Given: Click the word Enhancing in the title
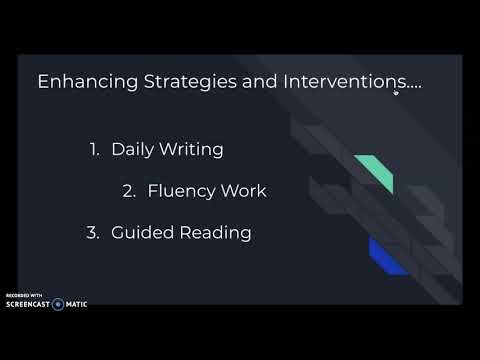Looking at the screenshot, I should pyautogui.click(x=82, y=82).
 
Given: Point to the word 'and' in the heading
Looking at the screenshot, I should pyautogui.click(x=247, y=82).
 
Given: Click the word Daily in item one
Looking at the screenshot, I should pyautogui.click(x=132, y=150).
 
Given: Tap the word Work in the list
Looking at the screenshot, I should pyautogui.click(x=246, y=191).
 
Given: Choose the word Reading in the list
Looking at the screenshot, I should pyautogui.click(x=213, y=233).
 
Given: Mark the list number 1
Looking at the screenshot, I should pyautogui.click(x=95, y=150).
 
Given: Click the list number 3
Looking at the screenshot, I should pyautogui.click(x=96, y=233).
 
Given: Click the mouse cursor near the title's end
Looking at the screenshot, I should pyautogui.click(x=396, y=92).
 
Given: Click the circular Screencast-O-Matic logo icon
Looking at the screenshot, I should pyautogui.click(x=58, y=303).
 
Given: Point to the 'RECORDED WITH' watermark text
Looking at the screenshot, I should pyautogui.click(x=25, y=295).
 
